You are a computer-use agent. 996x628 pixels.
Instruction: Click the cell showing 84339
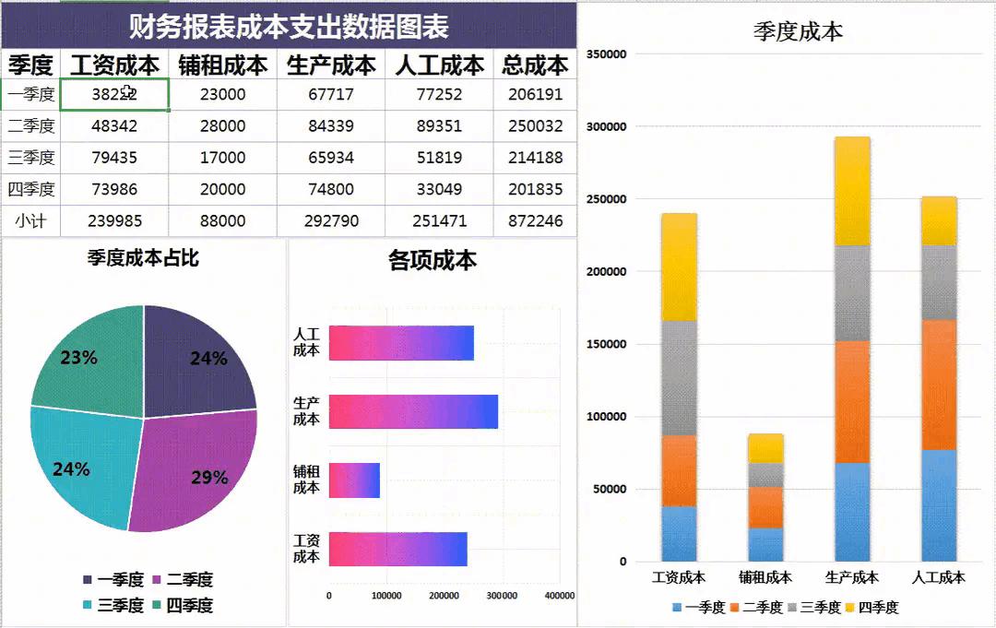(x=331, y=126)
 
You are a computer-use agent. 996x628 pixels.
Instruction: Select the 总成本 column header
(x=535, y=65)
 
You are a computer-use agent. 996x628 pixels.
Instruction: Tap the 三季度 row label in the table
(x=31, y=158)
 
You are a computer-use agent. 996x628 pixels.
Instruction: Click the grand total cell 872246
(x=535, y=221)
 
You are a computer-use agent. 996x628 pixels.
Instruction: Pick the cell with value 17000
(x=223, y=158)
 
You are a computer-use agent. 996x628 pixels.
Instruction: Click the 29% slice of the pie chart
(x=198, y=470)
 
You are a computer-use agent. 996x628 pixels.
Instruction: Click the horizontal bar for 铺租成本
(x=354, y=480)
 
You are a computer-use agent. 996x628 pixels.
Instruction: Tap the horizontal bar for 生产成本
(x=413, y=411)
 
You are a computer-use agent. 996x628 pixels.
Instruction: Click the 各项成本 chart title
(x=433, y=261)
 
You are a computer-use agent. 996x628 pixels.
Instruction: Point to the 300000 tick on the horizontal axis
(x=502, y=596)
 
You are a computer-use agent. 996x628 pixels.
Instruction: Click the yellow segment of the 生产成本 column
(x=852, y=191)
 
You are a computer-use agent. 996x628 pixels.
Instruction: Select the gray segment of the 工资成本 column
(x=680, y=378)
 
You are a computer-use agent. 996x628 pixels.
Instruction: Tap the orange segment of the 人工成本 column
(x=939, y=385)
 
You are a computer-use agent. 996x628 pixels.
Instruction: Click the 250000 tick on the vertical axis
(x=608, y=199)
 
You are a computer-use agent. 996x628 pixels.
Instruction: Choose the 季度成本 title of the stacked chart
(x=798, y=31)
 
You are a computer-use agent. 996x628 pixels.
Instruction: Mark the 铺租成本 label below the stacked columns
(x=765, y=578)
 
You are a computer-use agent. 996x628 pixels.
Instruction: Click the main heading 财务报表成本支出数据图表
(x=289, y=27)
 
